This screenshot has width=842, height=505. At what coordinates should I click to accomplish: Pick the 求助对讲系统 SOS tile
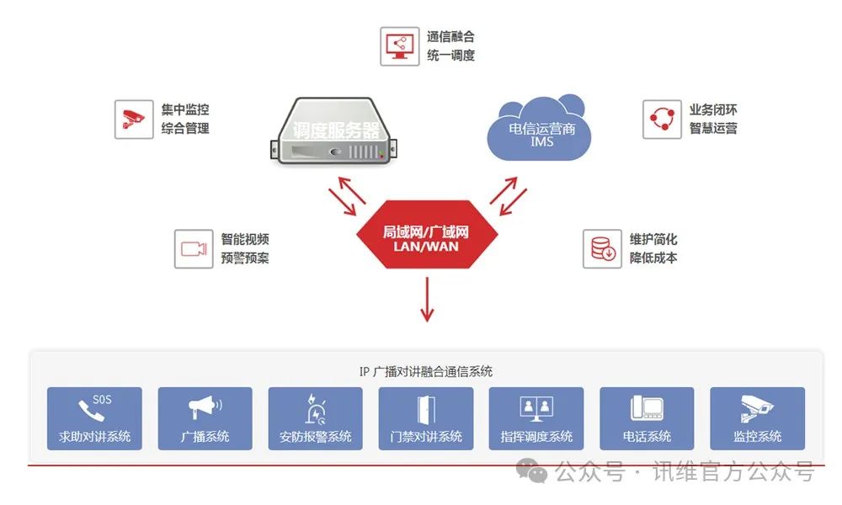click(94, 418)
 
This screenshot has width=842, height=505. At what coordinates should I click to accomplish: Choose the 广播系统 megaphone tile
click(205, 418)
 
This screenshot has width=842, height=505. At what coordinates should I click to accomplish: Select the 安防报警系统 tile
click(315, 418)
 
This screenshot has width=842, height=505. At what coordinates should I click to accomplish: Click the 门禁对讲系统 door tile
click(426, 418)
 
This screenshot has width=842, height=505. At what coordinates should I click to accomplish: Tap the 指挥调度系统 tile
click(536, 418)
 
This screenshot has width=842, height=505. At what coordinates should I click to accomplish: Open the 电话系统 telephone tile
click(647, 418)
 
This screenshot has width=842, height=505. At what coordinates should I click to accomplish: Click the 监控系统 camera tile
click(757, 418)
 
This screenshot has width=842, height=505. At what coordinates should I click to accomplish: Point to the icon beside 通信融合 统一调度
click(399, 47)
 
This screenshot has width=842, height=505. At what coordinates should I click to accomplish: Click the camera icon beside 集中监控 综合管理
click(134, 120)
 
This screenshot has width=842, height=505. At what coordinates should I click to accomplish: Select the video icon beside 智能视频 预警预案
click(194, 249)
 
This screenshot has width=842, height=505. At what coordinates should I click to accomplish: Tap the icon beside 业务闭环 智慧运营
click(662, 120)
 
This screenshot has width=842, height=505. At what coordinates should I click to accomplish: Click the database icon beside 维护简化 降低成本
click(603, 249)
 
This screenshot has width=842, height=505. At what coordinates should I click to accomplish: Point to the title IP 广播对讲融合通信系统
click(426, 371)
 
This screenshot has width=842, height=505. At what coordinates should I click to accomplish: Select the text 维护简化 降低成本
click(653, 249)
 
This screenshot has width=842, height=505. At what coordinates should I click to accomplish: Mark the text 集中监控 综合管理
click(185, 120)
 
